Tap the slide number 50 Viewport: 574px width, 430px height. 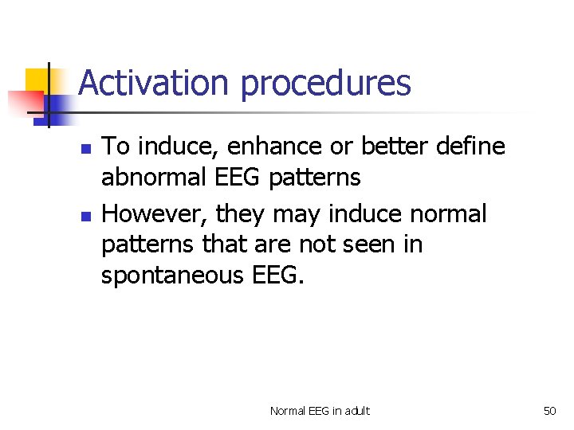click(x=549, y=411)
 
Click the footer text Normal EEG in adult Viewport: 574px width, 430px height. click(x=320, y=411)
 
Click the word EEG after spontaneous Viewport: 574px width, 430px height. click(x=278, y=276)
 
